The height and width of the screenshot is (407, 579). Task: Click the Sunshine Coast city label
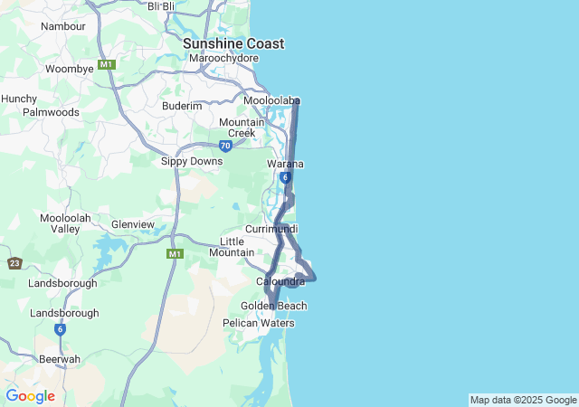233,43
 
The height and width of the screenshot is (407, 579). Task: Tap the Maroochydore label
223,58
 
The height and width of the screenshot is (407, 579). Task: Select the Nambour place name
63,26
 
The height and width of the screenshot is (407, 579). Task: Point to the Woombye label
70,69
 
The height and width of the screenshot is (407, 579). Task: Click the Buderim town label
182,106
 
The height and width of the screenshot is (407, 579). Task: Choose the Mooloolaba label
271,100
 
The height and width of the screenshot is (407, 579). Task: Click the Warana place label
285,164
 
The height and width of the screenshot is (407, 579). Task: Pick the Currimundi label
271,229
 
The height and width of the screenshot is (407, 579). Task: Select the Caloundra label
280,282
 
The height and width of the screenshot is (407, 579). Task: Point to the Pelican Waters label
259,323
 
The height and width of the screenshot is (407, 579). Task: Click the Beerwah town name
59,359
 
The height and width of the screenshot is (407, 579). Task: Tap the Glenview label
133,224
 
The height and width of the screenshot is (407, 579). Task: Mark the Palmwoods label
51,112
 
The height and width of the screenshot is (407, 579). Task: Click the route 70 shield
225,146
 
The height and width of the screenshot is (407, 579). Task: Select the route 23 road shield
14,263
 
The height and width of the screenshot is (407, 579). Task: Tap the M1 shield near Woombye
107,64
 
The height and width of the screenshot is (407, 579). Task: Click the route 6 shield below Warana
285,178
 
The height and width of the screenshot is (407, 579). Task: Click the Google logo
30,396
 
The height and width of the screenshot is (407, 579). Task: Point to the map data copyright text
523,400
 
